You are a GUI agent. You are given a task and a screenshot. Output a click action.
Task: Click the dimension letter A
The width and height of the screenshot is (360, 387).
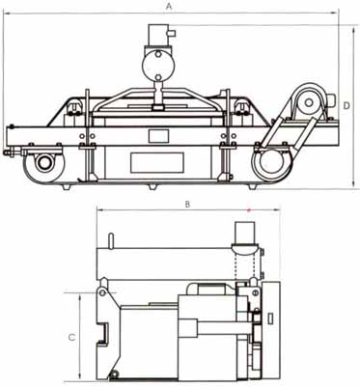[169, 7]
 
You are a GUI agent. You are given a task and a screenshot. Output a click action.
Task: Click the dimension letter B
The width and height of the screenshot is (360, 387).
[188, 204]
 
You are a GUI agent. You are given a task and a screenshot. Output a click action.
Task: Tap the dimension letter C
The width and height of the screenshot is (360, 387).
[72, 337]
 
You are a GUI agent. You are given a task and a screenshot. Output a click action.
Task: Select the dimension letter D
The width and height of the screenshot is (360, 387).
[346, 105]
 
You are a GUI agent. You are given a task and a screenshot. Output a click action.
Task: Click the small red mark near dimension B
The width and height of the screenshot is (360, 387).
[248, 210]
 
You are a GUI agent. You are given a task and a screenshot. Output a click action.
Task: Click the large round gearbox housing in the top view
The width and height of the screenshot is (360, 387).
[158, 66]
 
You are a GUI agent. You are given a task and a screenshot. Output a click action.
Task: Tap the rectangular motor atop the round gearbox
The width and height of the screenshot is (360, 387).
[158, 36]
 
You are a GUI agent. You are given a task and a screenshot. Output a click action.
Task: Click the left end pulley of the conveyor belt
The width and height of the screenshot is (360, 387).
[43, 163]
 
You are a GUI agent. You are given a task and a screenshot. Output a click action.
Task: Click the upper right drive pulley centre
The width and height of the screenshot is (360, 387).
[309, 103]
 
